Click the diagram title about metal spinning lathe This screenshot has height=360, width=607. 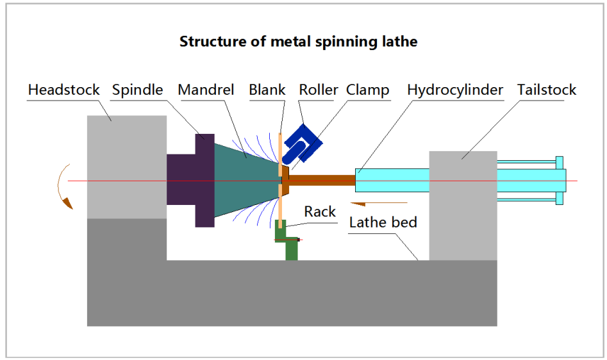click(x=298, y=42)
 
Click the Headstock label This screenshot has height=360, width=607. click(x=64, y=90)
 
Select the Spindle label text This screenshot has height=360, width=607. click(x=137, y=90)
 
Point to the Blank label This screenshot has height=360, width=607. click(x=267, y=90)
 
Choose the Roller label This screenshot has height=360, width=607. click(x=319, y=90)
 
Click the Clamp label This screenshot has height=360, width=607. click(x=368, y=90)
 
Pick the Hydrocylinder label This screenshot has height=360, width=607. click(x=455, y=90)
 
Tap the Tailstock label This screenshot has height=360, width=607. click(x=547, y=90)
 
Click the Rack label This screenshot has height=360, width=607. click(x=320, y=211)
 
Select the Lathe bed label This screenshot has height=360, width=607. click(x=383, y=222)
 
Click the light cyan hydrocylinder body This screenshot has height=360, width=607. click(x=391, y=180)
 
